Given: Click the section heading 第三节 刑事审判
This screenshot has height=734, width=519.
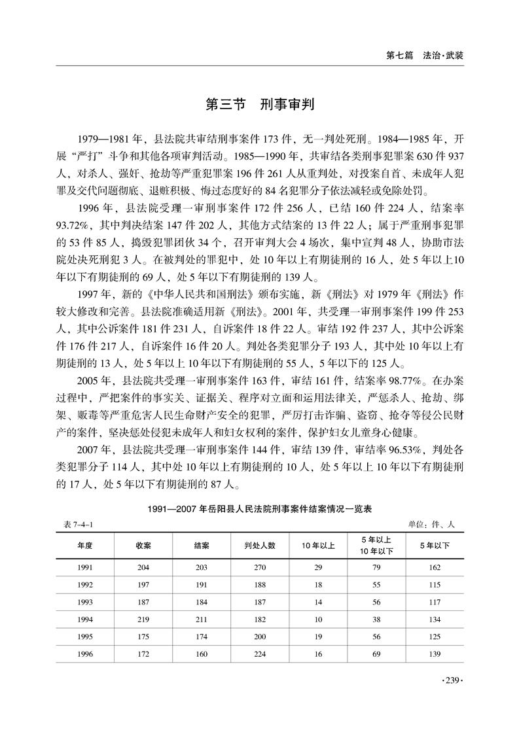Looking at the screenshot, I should [259, 105].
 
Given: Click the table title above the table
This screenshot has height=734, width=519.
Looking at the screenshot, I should [260, 508].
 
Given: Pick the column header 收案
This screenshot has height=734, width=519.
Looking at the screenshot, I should [143, 545].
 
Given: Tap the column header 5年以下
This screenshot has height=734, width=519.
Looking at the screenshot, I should [435, 545].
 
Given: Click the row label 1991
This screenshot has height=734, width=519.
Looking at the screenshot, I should [84, 568].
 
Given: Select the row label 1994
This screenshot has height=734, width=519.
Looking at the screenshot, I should [84, 618].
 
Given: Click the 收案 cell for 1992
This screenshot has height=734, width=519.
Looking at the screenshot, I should [143, 585].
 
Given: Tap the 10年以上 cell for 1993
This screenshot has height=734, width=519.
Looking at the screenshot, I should [319, 602].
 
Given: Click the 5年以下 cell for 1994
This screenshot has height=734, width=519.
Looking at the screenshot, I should [435, 618].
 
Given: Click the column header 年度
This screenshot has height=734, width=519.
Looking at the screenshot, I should [84, 545].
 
